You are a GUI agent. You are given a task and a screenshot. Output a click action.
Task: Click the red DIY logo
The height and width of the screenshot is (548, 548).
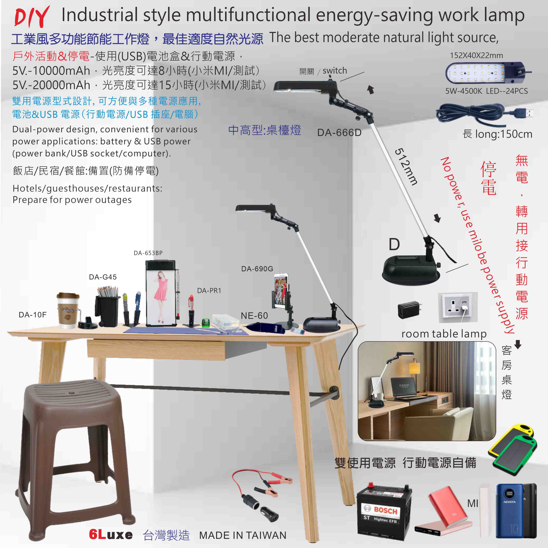[x=32, y=17]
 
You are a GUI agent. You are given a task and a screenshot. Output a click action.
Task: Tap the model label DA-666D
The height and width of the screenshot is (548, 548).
[x=339, y=132]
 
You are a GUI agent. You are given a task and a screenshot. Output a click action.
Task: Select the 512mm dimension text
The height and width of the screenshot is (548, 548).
[x=406, y=167]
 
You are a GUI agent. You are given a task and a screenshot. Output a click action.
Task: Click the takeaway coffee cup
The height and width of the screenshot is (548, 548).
[x=68, y=310]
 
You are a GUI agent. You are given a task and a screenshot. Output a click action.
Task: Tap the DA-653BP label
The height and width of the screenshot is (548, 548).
[x=148, y=253]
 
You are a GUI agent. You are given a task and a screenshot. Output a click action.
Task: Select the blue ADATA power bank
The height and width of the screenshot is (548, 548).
[x=509, y=514]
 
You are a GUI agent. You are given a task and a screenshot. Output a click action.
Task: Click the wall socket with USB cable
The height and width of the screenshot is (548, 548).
[x=458, y=308]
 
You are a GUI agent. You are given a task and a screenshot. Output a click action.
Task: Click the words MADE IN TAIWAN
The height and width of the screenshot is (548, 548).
[x=243, y=535]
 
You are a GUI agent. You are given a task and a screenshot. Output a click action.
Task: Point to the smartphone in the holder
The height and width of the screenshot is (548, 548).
[x=281, y=291]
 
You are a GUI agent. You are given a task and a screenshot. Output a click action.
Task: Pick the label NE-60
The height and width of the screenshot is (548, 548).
[x=254, y=315]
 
